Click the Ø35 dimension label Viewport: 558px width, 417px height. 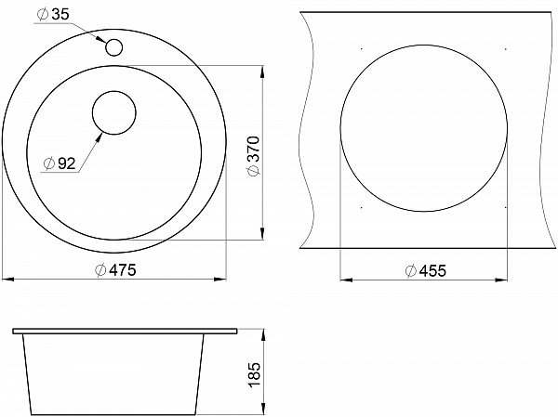[x=53, y=15]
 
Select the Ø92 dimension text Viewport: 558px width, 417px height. [x=60, y=163]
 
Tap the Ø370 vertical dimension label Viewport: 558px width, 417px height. [x=255, y=156]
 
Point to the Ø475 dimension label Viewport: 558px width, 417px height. [x=115, y=270]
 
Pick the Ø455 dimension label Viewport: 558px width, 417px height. [x=426, y=271]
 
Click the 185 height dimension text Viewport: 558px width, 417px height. [x=255, y=374]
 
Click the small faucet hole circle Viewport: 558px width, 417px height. [x=113, y=47]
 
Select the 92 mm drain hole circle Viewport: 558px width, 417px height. [x=113, y=112]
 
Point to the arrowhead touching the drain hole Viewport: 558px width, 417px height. [x=99, y=137]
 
